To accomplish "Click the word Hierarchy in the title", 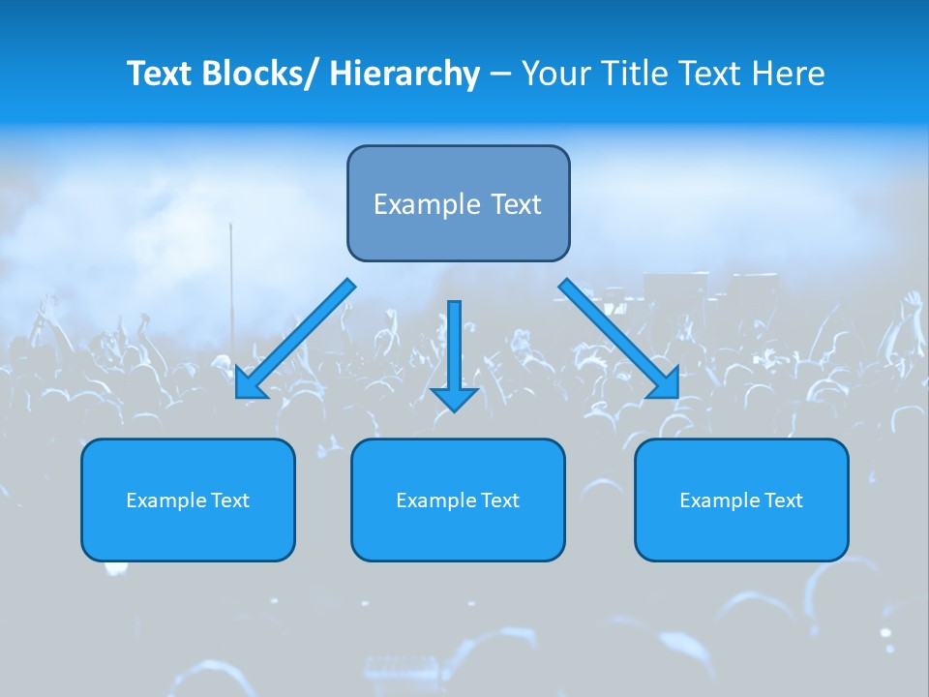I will [x=405, y=74].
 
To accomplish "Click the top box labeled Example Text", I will [x=458, y=203].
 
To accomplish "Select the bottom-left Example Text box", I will [x=188, y=500].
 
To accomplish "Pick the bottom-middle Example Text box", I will [x=458, y=500].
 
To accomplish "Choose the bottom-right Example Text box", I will [x=741, y=500].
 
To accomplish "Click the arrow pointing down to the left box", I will [x=295, y=339].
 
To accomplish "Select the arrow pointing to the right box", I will [x=619, y=339].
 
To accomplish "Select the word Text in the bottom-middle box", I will [x=500, y=500].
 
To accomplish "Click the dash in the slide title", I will [x=500, y=75].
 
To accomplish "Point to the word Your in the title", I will [x=551, y=74].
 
